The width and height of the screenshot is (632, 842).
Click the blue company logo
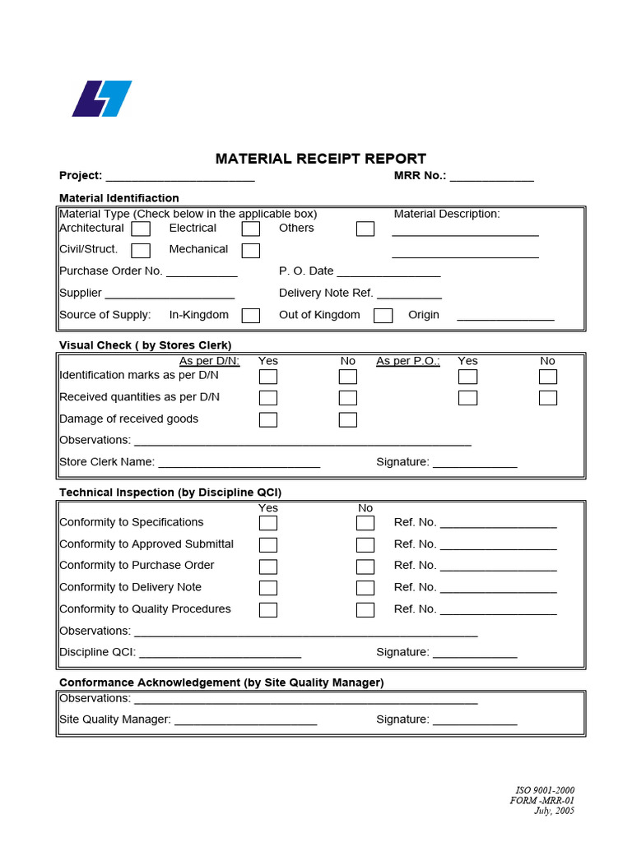pos(101,99)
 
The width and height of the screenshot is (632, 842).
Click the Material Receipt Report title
pos(321,159)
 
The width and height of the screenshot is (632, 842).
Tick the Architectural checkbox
pos(141,229)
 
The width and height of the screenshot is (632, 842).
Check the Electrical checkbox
pos(251,229)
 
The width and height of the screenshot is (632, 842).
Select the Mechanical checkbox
pos(251,250)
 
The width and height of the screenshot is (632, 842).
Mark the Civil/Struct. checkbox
pos(141,250)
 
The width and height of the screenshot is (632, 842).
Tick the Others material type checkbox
pos(365,229)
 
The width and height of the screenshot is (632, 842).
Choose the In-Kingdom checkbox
pos(251,316)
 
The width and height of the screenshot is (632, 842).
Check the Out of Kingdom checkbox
pos(383,316)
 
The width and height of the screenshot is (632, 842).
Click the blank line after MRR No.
pos(491,178)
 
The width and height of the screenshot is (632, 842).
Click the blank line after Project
pos(180,178)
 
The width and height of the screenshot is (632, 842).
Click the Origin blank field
pos(505,317)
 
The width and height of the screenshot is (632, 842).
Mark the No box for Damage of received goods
pos(348,420)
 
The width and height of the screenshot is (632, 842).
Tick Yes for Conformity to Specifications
pos(268,523)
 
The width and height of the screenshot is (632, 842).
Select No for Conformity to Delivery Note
pos(365,588)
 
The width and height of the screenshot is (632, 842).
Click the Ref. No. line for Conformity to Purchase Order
pos(499,568)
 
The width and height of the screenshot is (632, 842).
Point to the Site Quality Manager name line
pos(245,722)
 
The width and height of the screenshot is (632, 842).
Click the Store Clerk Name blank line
pos(239,465)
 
